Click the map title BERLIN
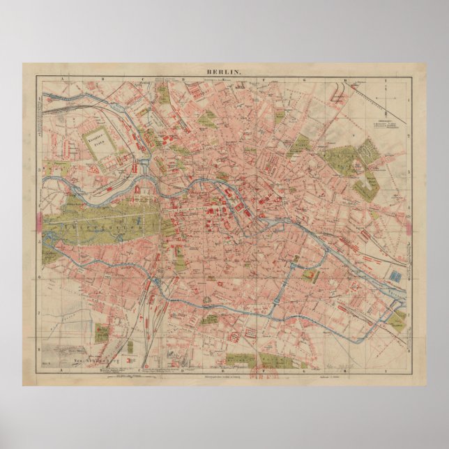click(223, 72)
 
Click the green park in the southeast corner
click(397, 320)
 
